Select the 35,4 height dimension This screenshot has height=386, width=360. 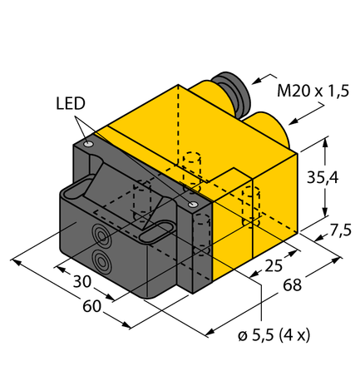319,178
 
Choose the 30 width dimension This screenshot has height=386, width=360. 81,281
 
